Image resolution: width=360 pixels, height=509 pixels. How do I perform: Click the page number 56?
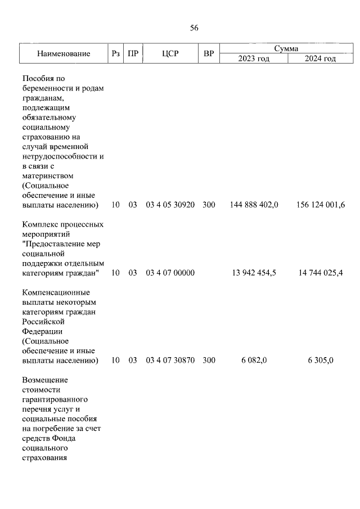194,28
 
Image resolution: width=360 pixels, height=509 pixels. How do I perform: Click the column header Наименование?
64,54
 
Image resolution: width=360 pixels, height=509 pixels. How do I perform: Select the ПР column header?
133,54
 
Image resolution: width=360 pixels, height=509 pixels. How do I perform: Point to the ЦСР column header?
170,54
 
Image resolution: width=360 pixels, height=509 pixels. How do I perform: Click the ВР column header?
209,54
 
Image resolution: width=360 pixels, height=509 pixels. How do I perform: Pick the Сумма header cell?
286,49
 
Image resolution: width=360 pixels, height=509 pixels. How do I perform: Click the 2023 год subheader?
254,58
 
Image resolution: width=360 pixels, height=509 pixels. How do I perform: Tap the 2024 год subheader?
320,58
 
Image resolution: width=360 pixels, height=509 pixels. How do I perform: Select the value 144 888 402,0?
254,205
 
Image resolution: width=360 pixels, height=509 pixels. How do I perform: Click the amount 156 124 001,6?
320,205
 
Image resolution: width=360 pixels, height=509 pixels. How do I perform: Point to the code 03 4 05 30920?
170,205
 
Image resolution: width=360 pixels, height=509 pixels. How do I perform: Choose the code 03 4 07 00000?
170,273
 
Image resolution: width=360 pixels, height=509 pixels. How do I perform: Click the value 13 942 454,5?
254,273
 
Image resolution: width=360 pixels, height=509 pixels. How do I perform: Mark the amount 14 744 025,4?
320,273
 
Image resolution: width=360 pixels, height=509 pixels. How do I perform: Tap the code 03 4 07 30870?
170,361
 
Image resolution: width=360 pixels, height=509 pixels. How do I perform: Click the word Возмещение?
44,380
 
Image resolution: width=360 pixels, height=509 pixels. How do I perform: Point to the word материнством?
48,175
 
